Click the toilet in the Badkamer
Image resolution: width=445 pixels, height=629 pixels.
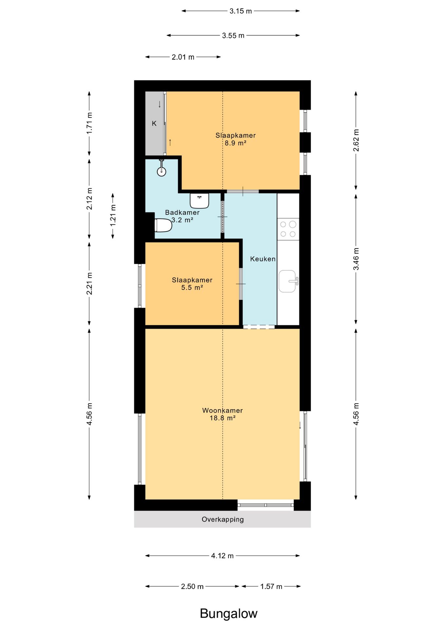[163, 225]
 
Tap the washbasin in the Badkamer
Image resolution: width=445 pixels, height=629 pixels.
[199, 200]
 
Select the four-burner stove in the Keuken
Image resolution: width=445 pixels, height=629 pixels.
[288, 229]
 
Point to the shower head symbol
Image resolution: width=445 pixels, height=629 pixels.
[161, 168]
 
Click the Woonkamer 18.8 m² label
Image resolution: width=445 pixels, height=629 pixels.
[222, 414]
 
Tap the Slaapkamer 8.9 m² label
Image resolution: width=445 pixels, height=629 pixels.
[235, 139]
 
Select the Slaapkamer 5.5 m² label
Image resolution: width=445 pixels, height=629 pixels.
[192, 284]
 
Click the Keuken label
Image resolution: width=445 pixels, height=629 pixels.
[263, 259]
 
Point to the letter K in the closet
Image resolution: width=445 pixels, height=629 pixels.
[154, 124]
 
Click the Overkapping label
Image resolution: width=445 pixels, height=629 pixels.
[223, 519]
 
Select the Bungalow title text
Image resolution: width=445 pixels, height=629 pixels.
[229, 613]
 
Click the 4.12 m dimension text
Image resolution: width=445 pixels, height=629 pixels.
[222, 556]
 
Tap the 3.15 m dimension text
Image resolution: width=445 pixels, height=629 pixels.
[241, 11]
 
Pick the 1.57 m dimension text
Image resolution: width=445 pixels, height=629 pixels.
[271, 586]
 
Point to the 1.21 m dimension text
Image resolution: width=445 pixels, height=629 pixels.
[113, 215]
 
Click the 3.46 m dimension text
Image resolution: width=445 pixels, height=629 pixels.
[356, 259]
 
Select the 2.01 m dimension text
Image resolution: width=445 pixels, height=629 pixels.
[183, 57]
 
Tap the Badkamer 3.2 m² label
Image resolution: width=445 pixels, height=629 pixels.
[182, 216]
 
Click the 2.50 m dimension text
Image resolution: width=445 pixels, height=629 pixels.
[192, 586]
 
